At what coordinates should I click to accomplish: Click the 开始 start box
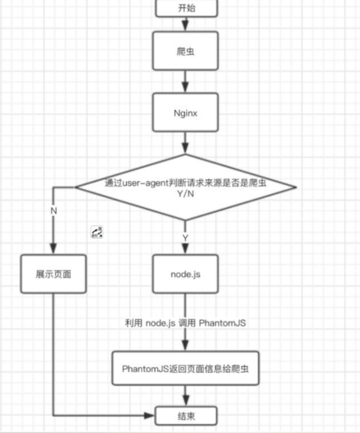(187, 9)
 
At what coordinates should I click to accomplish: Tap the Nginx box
(187, 112)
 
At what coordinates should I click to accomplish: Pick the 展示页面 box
(54, 273)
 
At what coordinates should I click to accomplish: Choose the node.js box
(186, 273)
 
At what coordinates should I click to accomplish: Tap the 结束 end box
(186, 415)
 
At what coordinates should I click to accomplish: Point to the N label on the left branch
(54, 210)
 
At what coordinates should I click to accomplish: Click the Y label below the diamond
(186, 236)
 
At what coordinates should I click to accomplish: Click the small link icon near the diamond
(97, 232)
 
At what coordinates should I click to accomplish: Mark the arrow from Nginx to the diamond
(187, 143)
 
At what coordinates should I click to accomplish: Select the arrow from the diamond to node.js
(186, 241)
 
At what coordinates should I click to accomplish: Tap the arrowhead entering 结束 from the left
(149, 416)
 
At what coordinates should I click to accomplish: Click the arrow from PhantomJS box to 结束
(186, 397)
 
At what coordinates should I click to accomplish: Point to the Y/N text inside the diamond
(186, 195)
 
